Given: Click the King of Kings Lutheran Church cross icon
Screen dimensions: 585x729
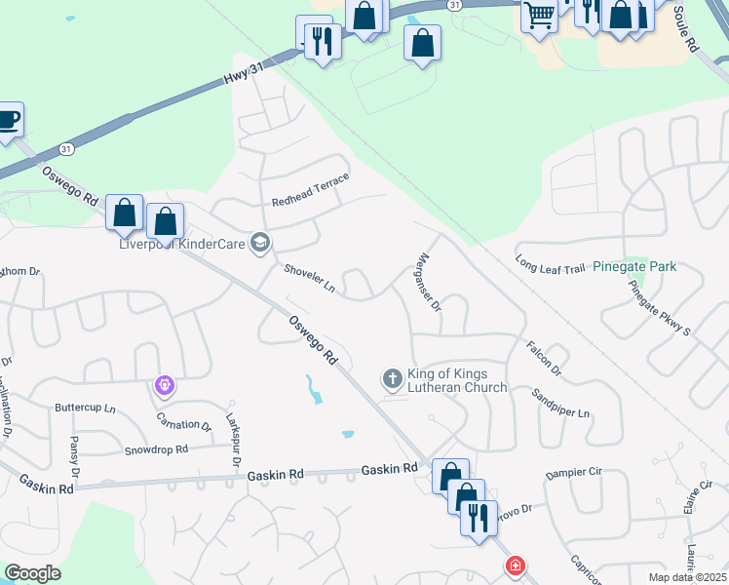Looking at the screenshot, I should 392,377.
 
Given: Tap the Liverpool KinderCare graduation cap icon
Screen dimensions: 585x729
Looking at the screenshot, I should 259,242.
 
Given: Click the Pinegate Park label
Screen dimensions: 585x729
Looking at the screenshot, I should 634,266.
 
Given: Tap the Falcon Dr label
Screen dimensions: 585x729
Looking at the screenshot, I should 544,358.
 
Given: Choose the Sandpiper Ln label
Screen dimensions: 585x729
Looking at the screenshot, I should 560,402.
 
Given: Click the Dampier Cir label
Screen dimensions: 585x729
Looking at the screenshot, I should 575,472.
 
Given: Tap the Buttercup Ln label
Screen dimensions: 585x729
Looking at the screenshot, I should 85,408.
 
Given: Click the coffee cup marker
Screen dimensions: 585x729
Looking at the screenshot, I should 9,120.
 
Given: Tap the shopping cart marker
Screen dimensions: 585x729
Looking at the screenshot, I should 539,15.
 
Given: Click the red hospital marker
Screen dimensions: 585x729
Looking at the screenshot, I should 515,565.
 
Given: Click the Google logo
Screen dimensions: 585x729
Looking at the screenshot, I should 32,573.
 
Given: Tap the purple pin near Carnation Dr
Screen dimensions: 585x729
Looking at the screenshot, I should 165,387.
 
